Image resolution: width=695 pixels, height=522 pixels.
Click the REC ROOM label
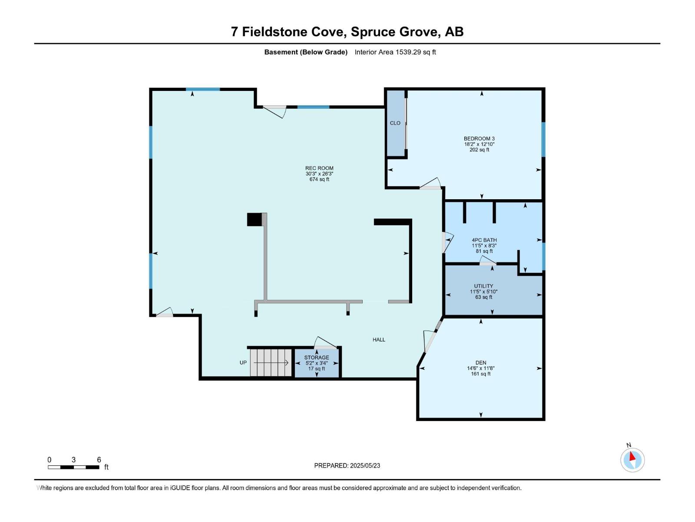pyautogui.click(x=319, y=168)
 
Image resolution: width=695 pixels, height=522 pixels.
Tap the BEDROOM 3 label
pyautogui.click(x=479, y=139)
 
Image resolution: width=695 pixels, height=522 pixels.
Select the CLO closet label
pyautogui.click(x=395, y=123)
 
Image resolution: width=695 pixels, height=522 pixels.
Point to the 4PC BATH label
pyautogui.click(x=484, y=240)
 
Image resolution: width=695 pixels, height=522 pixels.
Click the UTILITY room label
pyautogui.click(x=483, y=286)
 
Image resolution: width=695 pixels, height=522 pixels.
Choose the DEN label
pyautogui.click(x=480, y=363)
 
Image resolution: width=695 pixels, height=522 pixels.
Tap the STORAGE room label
pyautogui.click(x=316, y=358)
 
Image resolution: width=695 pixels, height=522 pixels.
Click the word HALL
pyautogui.click(x=379, y=340)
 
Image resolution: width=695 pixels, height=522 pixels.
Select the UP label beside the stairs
pyautogui.click(x=243, y=363)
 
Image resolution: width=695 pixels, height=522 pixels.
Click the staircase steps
pyautogui.click(x=271, y=362)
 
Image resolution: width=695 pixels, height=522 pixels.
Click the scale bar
pyautogui.click(x=73, y=467)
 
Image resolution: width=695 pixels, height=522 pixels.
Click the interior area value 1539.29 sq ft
pyautogui.click(x=415, y=52)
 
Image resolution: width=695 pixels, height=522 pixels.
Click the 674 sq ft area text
pyautogui.click(x=319, y=179)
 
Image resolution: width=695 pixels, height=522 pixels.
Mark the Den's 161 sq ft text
pyautogui.click(x=480, y=374)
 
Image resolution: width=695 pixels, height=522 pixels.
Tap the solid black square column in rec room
pyautogui.click(x=254, y=219)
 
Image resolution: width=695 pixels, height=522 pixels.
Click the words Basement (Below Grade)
pyautogui.click(x=306, y=52)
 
